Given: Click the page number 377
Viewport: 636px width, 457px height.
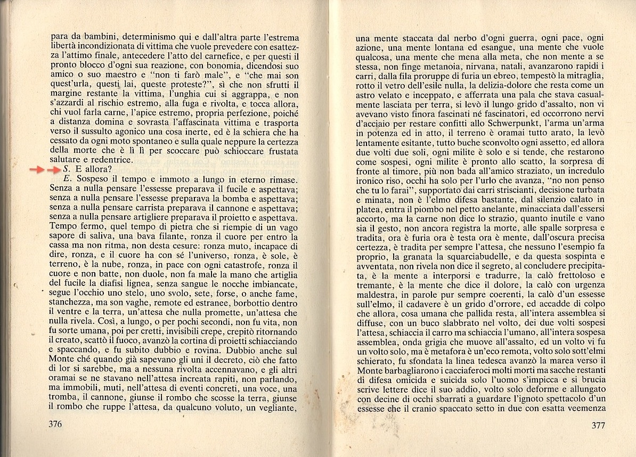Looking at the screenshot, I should [x=599, y=425].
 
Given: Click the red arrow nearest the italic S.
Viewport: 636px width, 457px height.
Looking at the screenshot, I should [x=53, y=170].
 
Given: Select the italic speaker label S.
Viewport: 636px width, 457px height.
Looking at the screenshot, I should [x=66, y=170].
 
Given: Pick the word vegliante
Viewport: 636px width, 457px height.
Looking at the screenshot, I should [x=273, y=407].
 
